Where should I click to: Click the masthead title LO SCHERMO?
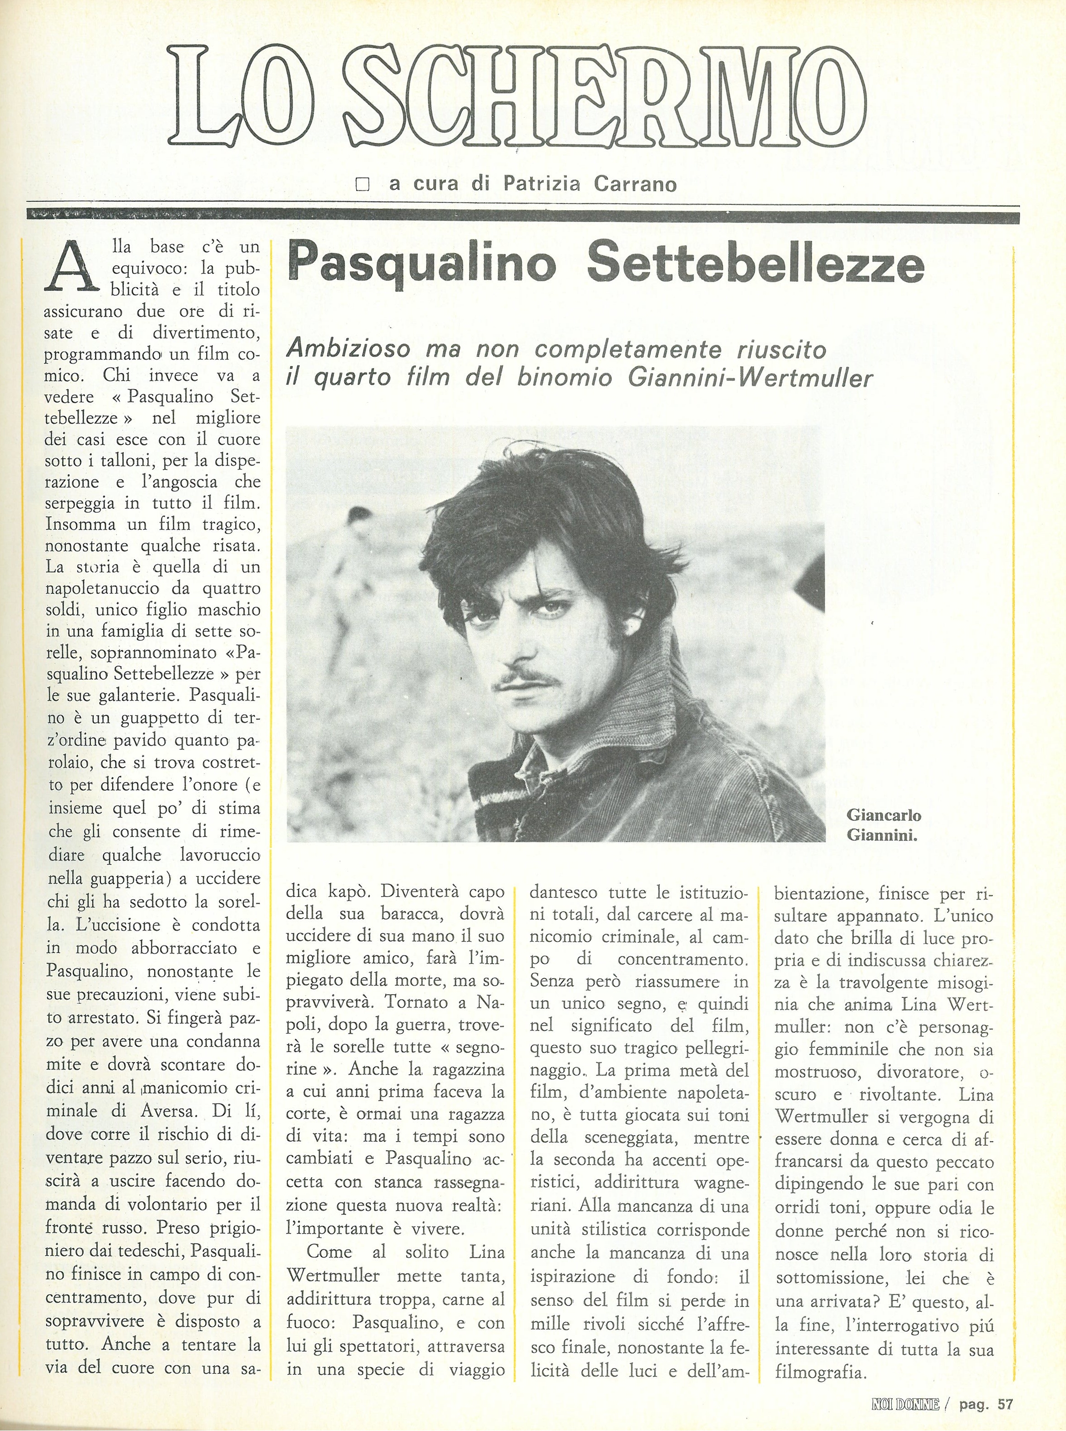click(520, 97)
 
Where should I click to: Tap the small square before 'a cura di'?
click(363, 185)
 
